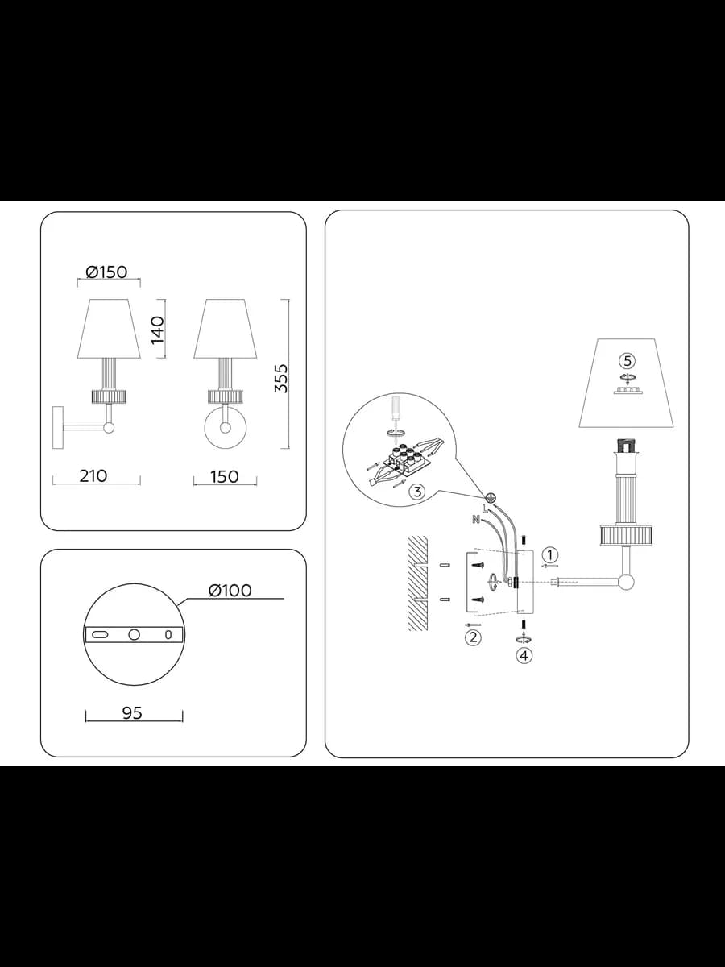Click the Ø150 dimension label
point(106,272)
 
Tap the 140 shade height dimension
point(157,330)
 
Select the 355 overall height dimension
point(281,378)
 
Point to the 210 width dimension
point(93,475)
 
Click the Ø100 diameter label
point(230,591)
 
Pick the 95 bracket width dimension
point(132,713)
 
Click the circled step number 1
point(550,554)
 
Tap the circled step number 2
point(473,637)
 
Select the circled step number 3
point(416,492)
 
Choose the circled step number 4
point(524,655)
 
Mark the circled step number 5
point(627,361)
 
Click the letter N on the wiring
point(475,520)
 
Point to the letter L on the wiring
point(485,510)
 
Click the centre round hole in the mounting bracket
point(134,634)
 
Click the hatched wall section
point(418,583)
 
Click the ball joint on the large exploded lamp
point(626,582)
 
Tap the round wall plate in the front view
point(226,428)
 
